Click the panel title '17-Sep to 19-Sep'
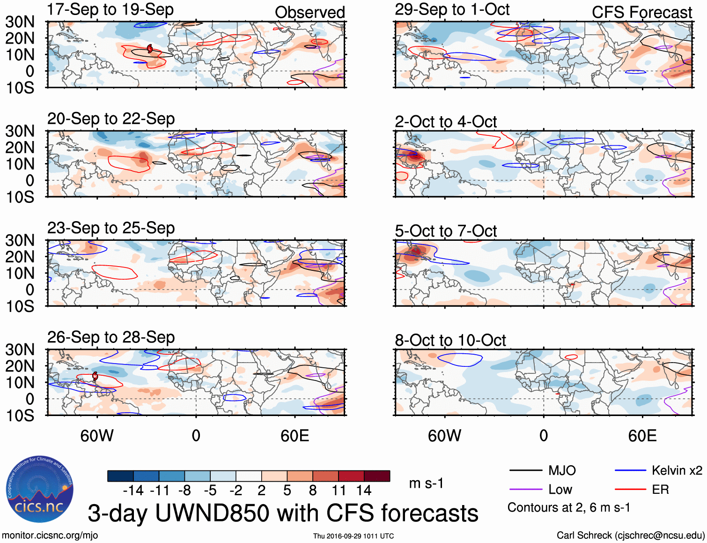click(110, 9)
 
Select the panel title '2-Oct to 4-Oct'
click(445, 122)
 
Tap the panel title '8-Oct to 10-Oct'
click(450, 340)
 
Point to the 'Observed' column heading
click(309, 13)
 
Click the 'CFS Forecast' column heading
click(641, 13)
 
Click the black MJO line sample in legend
click(525, 470)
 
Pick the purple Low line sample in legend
click(525, 490)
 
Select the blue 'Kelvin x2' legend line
click(630, 470)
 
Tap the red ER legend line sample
click(630, 490)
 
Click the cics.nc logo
click(40, 490)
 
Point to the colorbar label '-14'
click(133, 491)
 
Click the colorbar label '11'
click(339, 491)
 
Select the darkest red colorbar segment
click(377, 476)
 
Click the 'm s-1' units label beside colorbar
click(426, 483)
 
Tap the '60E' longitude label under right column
click(642, 436)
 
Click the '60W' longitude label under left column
click(97, 436)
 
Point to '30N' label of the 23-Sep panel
click(20, 240)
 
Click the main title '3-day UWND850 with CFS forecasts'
click(283, 513)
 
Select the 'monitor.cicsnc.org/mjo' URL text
click(50, 536)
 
